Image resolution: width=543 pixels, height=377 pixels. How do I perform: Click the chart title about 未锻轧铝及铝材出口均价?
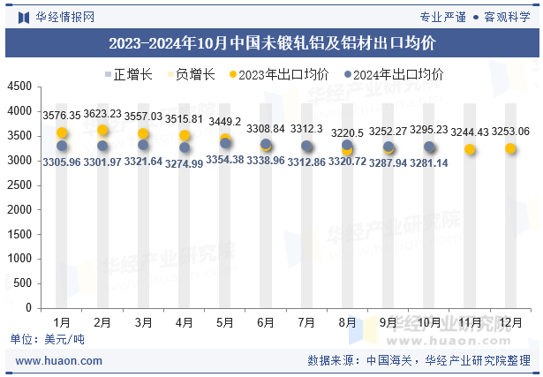(271, 42)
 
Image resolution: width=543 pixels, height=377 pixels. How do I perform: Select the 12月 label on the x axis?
(510, 322)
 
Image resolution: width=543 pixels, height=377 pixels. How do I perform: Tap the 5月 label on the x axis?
(224, 322)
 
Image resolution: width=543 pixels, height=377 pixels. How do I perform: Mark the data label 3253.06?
(510, 132)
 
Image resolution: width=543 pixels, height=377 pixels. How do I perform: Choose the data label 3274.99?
(184, 162)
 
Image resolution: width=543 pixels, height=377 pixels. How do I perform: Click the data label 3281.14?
(429, 162)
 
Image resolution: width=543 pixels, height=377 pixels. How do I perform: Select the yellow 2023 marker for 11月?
(470, 149)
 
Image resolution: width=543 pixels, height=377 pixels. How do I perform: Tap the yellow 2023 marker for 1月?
(62, 132)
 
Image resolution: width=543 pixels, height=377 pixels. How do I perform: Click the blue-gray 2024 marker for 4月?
(184, 147)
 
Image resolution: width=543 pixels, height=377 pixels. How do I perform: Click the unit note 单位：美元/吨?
(47, 340)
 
